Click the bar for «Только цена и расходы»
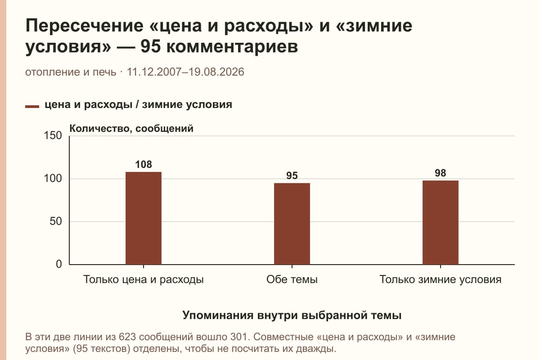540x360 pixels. pyautogui.click(x=144, y=218)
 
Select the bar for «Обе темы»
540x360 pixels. pyautogui.click(x=292, y=224)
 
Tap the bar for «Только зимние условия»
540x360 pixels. pyautogui.click(x=441, y=223)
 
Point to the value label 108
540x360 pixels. pyautogui.click(x=144, y=164)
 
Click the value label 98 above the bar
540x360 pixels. pyautogui.click(x=441, y=173)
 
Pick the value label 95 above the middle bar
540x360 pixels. pyautogui.click(x=292, y=175)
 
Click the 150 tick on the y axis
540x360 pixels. pyautogui.click(x=53, y=135)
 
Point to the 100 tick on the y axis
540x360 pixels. pyautogui.click(x=53, y=179)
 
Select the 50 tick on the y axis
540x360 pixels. pyautogui.click(x=56, y=221)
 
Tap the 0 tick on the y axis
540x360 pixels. pyautogui.click(x=59, y=264)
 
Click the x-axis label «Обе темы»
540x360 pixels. pyautogui.click(x=292, y=279)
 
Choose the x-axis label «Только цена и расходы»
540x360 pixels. pyautogui.click(x=144, y=280)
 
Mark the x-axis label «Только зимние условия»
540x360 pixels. pyautogui.click(x=441, y=280)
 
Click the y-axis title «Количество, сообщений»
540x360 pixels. pyautogui.click(x=131, y=129)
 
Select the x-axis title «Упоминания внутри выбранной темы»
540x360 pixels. pyautogui.click(x=292, y=315)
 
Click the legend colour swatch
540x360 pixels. pyautogui.click(x=32, y=107)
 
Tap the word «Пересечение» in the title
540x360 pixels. pyautogui.click(x=85, y=26)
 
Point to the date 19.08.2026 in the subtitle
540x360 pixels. pyautogui.click(x=216, y=72)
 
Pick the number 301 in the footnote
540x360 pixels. pyautogui.click(x=239, y=337)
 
